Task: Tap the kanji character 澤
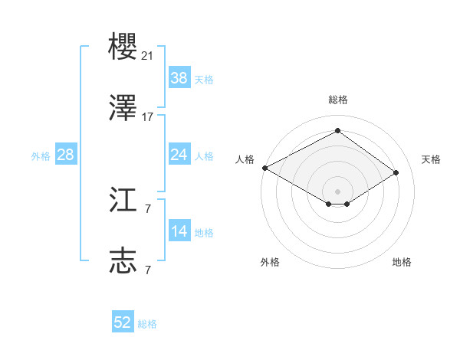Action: click(123, 110)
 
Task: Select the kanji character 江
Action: click(123, 201)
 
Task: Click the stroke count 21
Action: click(148, 55)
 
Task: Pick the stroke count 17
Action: click(148, 117)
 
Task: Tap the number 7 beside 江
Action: click(147, 208)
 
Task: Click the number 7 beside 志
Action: click(147, 270)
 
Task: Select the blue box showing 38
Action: click(179, 77)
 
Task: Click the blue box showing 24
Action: click(179, 155)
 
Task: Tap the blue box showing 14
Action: click(179, 231)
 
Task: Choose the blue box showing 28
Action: click(65, 155)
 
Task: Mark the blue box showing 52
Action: click(123, 322)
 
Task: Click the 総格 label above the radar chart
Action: click(338, 100)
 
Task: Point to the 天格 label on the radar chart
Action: click(431, 159)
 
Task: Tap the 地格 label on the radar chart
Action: click(402, 262)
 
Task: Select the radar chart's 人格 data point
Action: click(264, 168)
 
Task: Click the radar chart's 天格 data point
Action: click(396, 173)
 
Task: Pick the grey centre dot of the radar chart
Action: click(337, 190)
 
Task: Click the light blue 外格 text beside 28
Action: click(41, 155)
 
